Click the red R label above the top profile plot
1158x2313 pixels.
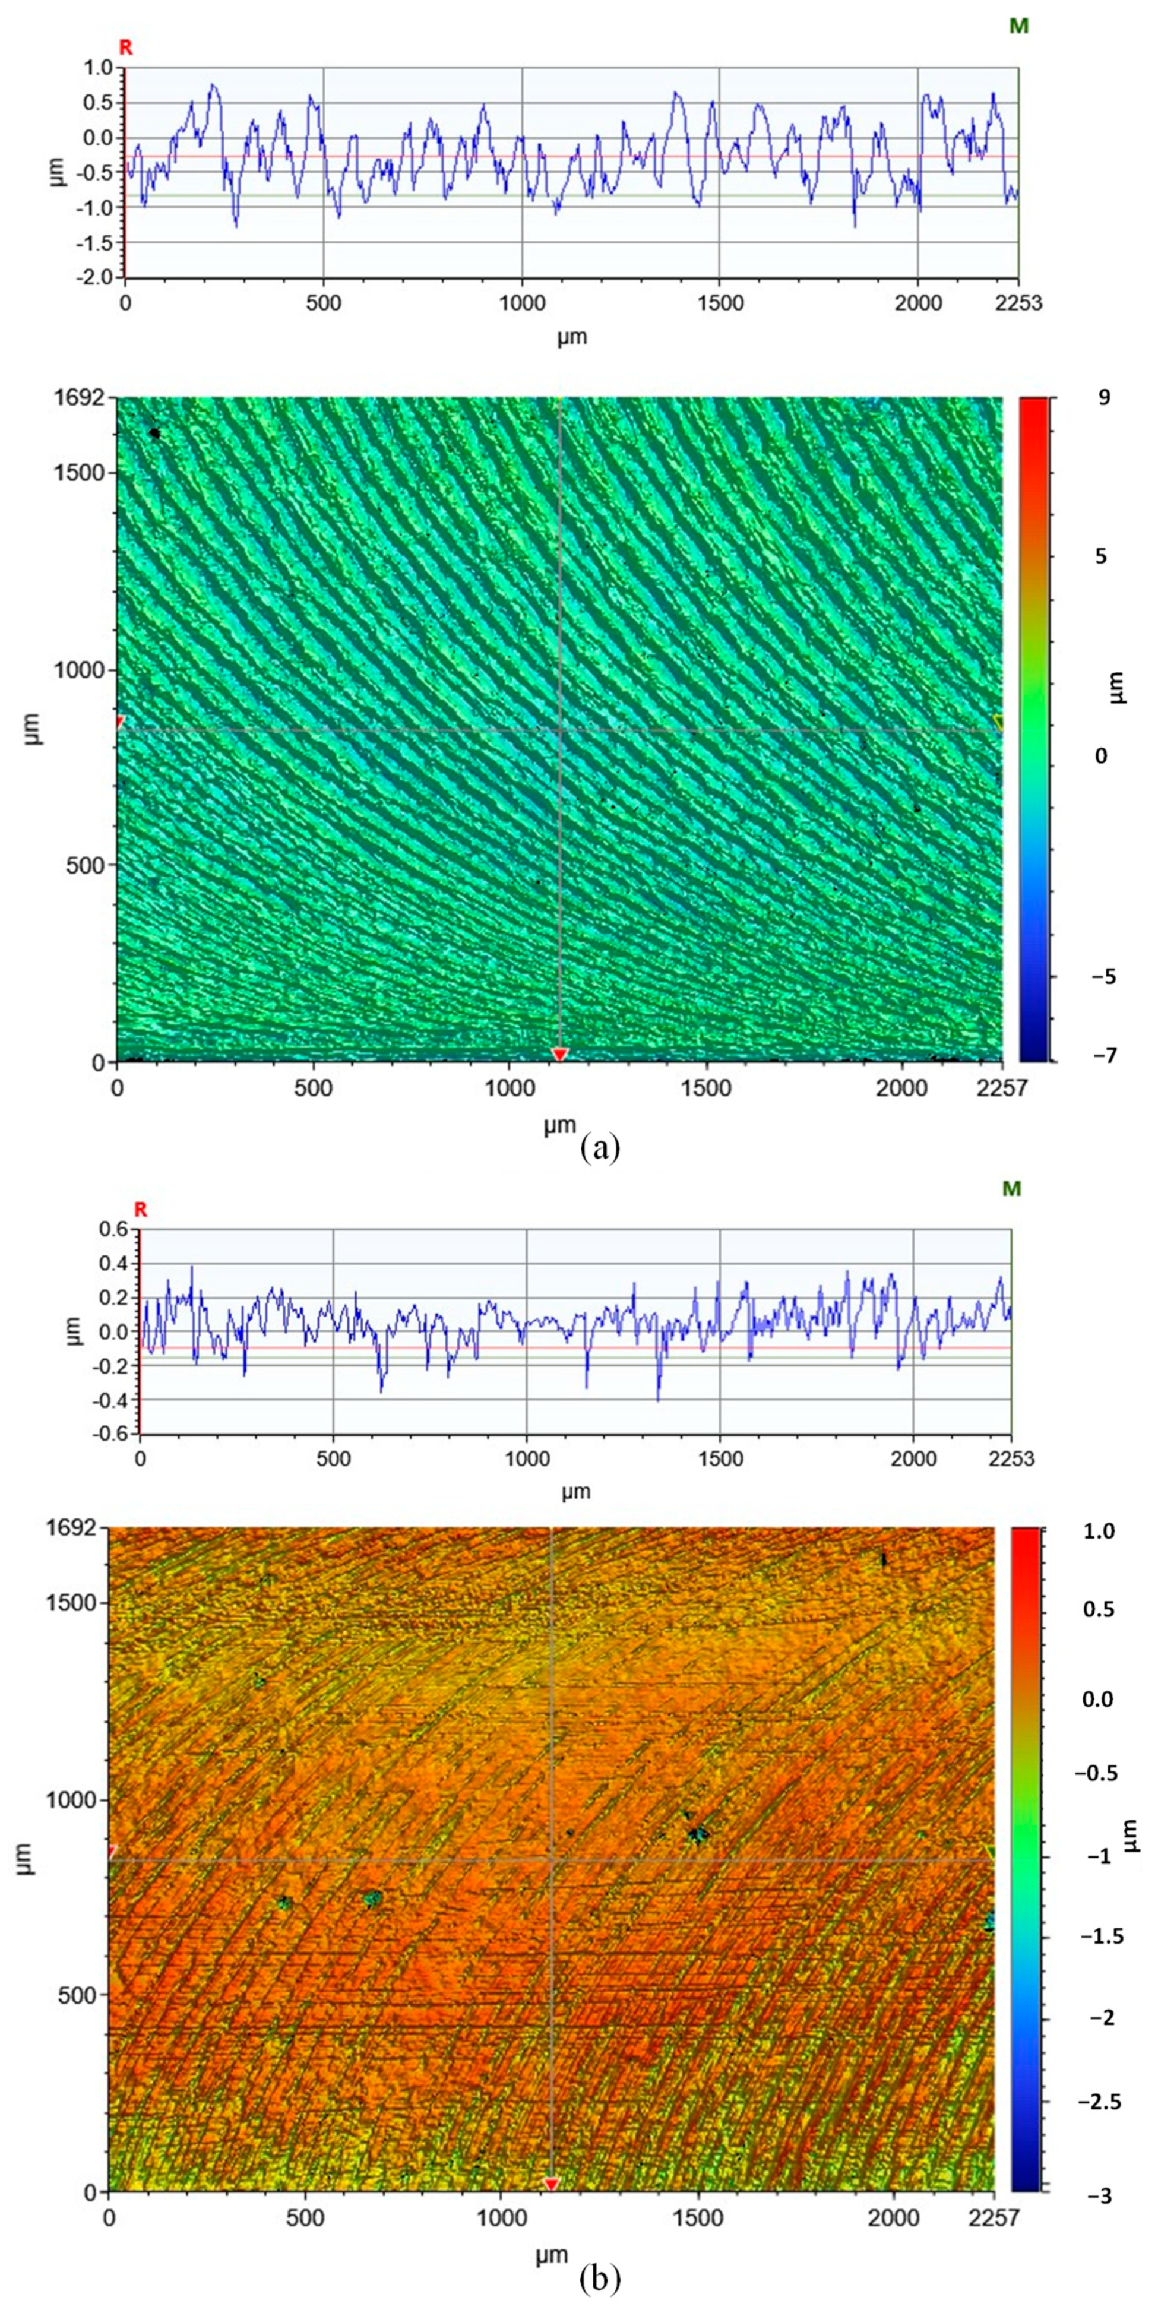(x=126, y=48)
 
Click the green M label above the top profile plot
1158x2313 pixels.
(x=1018, y=26)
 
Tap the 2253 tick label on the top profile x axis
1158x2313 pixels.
(x=1018, y=303)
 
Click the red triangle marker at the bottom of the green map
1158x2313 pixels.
(x=559, y=1054)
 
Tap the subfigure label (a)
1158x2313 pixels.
(x=600, y=1147)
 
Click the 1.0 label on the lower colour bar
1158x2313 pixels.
(x=1099, y=1531)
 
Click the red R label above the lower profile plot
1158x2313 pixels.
(x=140, y=1210)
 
